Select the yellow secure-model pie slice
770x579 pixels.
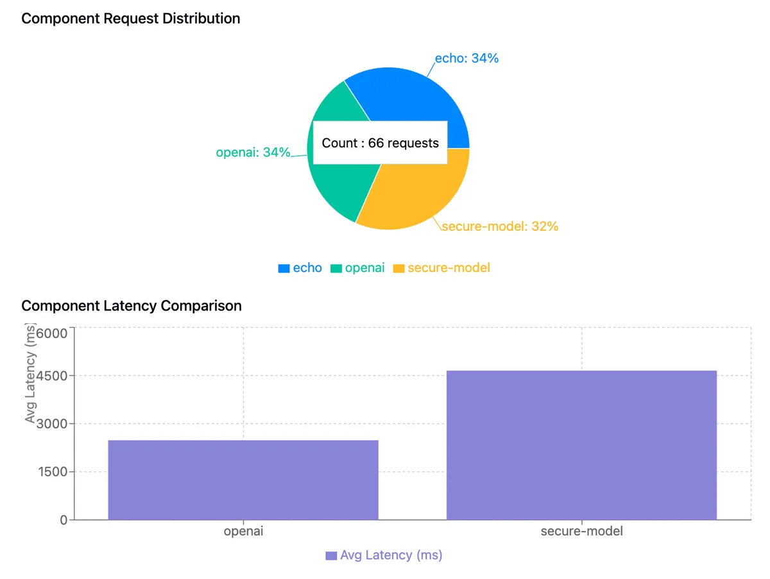(417, 192)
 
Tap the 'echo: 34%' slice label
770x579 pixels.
(466, 58)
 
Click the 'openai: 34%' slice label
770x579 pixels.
(253, 153)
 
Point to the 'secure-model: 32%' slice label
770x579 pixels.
(500, 226)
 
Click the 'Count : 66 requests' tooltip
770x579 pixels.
(380, 143)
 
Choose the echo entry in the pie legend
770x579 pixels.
(300, 268)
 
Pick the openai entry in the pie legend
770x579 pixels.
(357, 268)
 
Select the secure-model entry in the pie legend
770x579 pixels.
(441, 268)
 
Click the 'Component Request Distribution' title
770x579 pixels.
(131, 19)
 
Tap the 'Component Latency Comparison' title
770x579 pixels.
(132, 306)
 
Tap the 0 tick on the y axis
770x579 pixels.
(64, 520)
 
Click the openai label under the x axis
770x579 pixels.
(243, 532)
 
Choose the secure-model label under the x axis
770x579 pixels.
(581, 532)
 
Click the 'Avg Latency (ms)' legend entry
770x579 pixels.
(384, 555)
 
